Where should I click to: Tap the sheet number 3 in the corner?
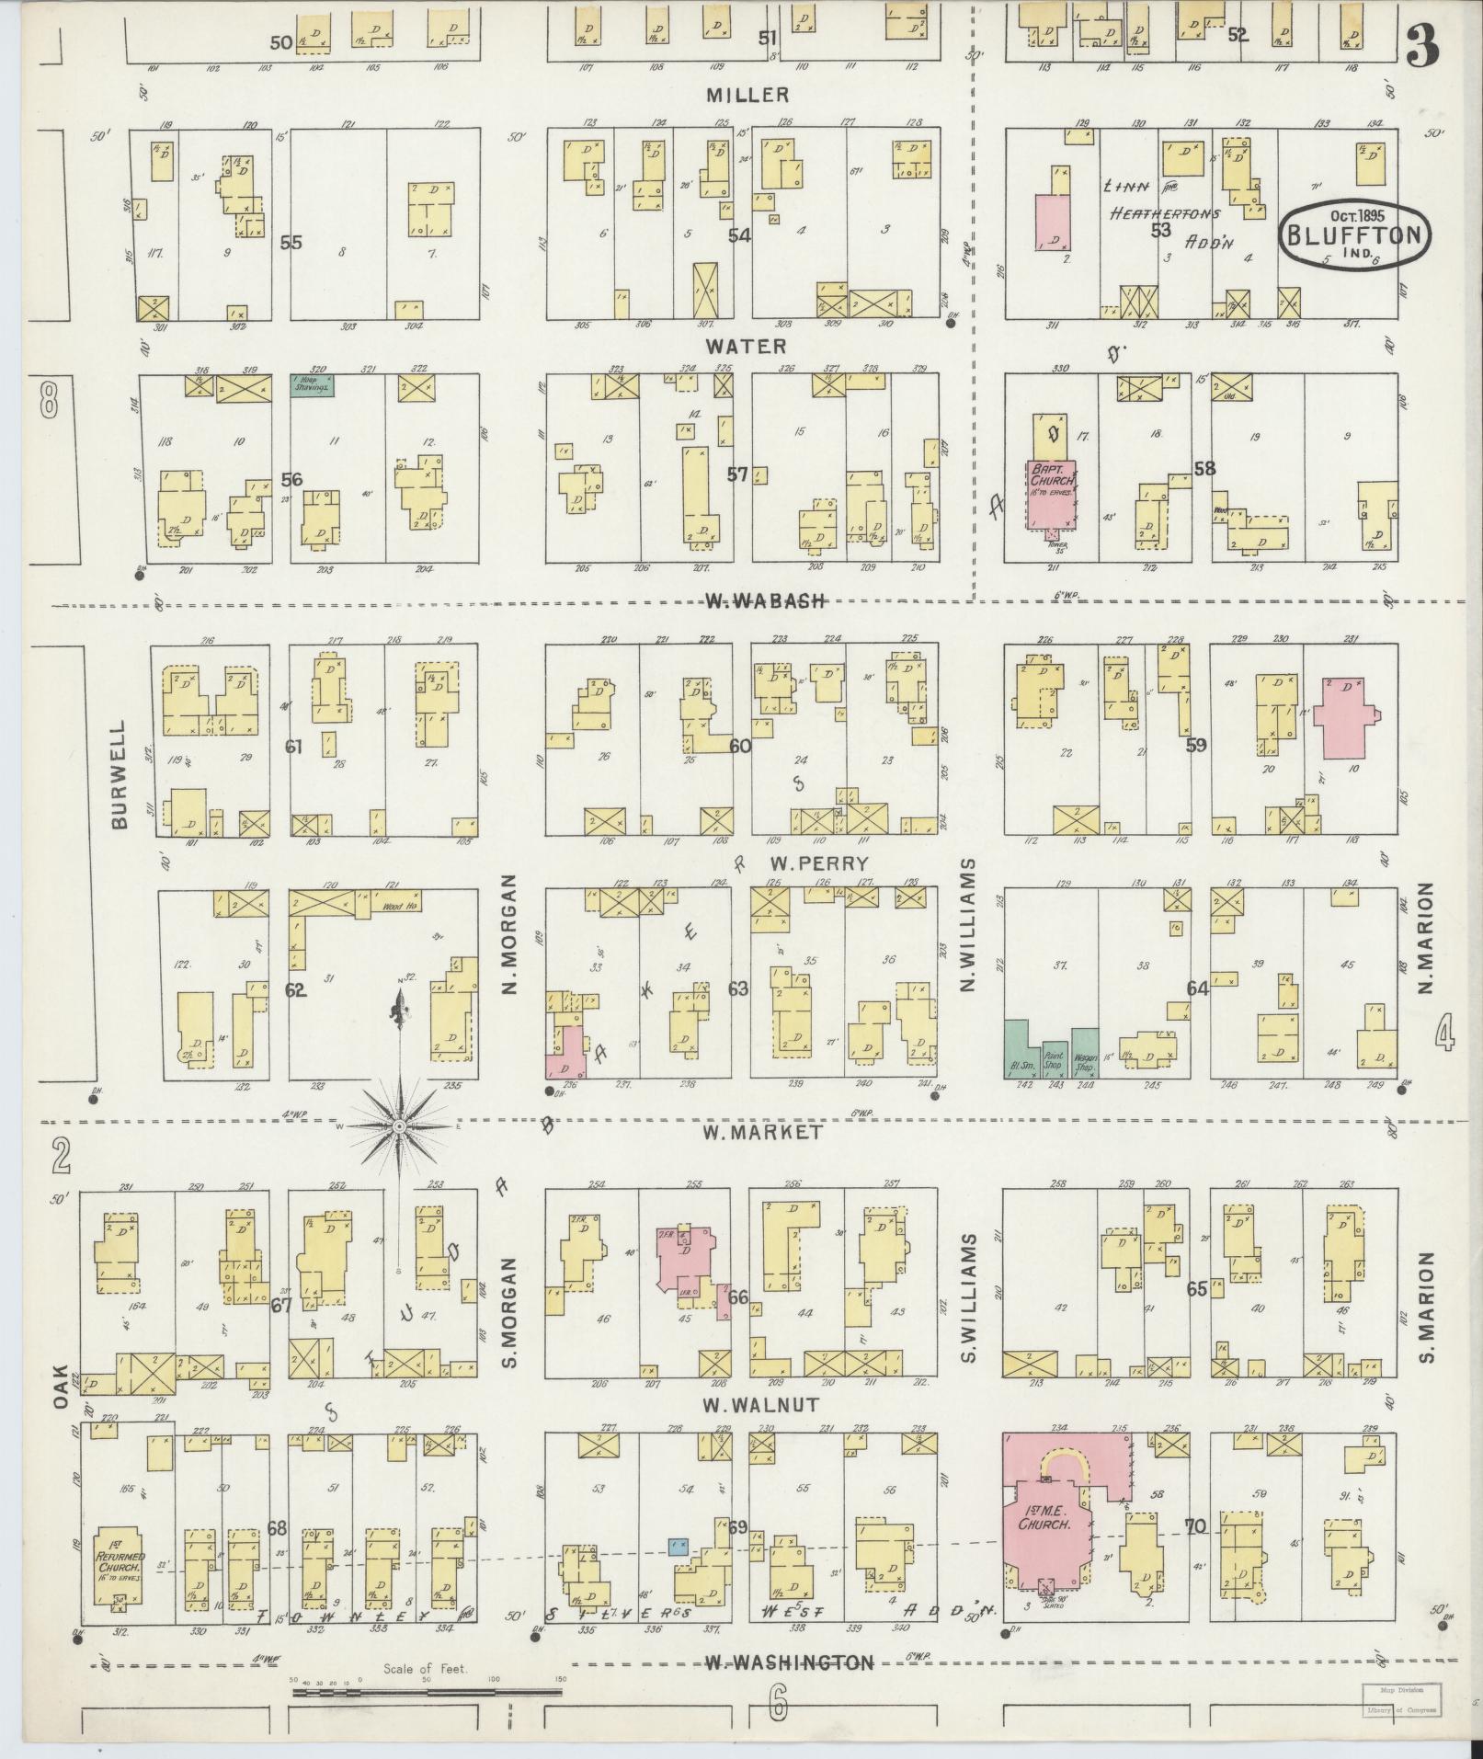click(x=1422, y=44)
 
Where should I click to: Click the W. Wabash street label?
click(x=765, y=601)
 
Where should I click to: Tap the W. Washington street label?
click(x=788, y=1662)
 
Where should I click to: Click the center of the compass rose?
click(x=400, y=1126)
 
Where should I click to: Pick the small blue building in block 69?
click(x=679, y=1545)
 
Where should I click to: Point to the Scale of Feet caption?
click(x=426, y=1665)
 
